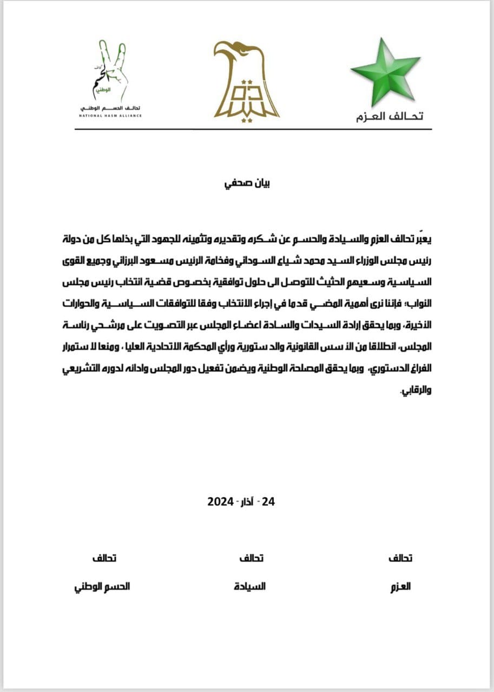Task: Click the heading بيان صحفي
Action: point(247,183)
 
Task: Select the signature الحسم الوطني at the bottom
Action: point(101,586)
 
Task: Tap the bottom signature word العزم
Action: point(400,586)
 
